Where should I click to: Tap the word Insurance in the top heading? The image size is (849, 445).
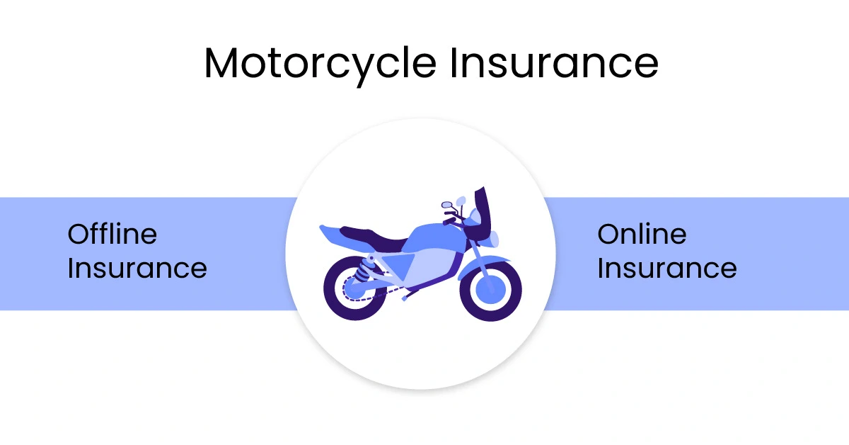pos(555,62)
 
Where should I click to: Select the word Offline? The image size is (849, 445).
pos(112,234)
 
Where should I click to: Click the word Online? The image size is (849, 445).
pos(642,234)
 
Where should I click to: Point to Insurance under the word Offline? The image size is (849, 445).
pos(137,268)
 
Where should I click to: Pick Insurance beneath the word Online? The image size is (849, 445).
pos(667,268)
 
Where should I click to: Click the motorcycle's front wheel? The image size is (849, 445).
pos(491,290)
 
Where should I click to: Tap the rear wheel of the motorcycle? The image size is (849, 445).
pos(356,288)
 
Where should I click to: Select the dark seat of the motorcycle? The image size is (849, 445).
pos(374,239)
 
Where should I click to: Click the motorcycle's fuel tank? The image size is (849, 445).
pos(436,236)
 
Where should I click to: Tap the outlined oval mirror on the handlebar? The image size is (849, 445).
pos(447,205)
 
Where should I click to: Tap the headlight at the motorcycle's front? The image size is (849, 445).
pos(494,240)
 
